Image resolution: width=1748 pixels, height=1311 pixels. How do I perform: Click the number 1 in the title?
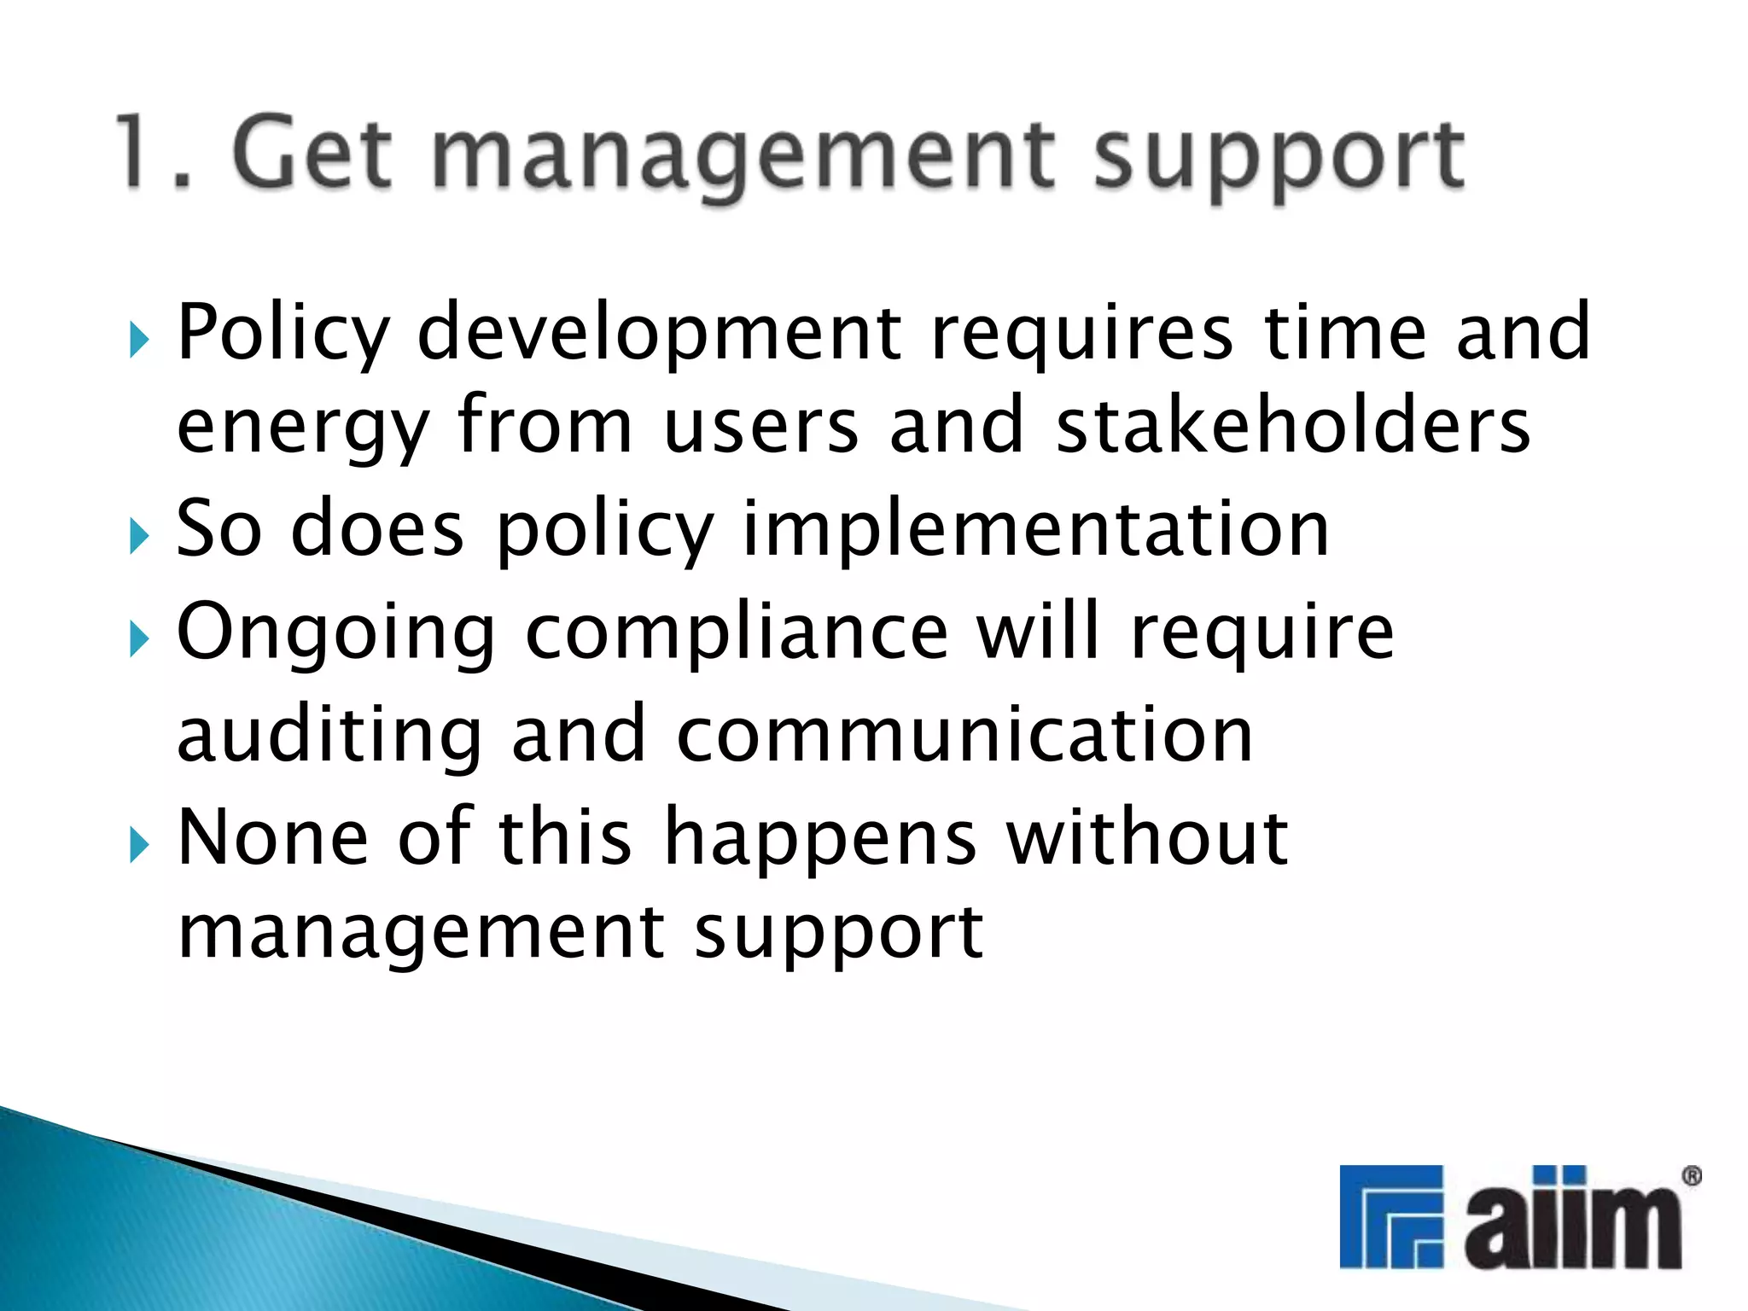click(137, 154)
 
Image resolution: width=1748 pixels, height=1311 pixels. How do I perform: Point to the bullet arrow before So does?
click(139, 538)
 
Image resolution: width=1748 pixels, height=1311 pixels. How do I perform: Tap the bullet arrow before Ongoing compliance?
click(139, 640)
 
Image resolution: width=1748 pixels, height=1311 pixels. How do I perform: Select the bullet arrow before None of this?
click(139, 846)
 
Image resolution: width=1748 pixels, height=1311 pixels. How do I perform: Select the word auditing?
click(329, 736)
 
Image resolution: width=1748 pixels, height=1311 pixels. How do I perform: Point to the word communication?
click(964, 736)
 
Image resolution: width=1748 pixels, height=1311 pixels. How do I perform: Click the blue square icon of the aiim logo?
click(1390, 1216)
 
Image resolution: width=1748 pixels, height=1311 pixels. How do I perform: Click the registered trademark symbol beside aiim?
click(1691, 1177)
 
